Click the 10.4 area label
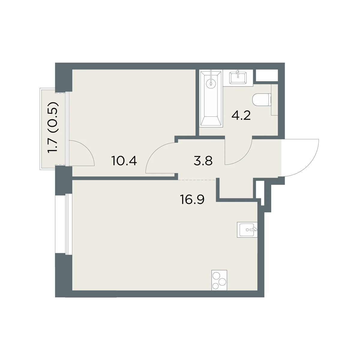tap(124, 161)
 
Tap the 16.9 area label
tap(192, 199)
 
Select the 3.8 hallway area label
tap(203, 161)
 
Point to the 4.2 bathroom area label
tap(241, 115)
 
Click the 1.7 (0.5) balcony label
tap(53, 127)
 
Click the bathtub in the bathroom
tap(211, 98)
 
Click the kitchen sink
tap(247, 230)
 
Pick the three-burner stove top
tap(219, 280)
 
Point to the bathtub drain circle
tap(211, 84)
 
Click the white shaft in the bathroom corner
tap(267, 75)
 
